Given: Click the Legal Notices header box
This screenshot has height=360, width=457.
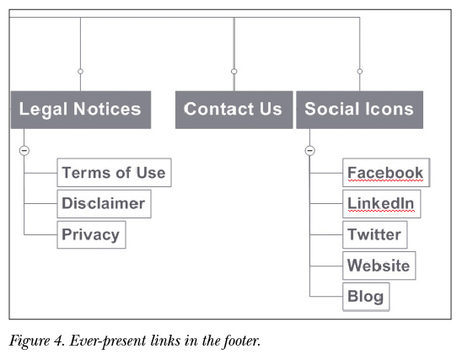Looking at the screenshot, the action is pos(81,110).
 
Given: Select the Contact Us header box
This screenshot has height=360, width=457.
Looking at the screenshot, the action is pos(234,110).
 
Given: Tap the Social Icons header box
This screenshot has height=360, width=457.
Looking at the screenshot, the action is pos(360,110).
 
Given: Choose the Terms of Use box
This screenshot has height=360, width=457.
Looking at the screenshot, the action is pos(115,173).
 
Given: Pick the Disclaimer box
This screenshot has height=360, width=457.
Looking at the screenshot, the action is pos(104,204).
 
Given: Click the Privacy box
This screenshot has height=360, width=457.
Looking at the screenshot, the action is pos(92,234).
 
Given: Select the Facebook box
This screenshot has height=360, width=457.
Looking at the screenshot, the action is pos(386,173).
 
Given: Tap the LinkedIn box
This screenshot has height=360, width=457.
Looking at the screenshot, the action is pos(381,204).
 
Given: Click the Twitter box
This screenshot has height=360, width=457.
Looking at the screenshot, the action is pos(375,234).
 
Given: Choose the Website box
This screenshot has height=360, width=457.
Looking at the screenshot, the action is pos(379,266).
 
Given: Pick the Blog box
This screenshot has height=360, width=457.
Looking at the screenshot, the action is pos(366,297).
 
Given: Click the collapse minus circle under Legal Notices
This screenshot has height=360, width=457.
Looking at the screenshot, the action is pos(24,150).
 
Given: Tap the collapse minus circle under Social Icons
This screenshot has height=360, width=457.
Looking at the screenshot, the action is pos(309,150).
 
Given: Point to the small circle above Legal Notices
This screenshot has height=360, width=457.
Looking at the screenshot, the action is pos(80,71).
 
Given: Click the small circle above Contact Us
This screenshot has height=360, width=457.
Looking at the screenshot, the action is pos(234,71).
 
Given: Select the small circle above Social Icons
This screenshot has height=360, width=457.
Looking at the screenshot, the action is pos(360,71).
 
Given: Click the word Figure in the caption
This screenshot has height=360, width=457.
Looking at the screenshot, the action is pos(30,341).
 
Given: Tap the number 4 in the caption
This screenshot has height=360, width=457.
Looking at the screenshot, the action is pos(58,341).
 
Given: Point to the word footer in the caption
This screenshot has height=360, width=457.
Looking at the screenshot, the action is pos(241,340).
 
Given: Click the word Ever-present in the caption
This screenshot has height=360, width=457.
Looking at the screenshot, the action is pos(108,341).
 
